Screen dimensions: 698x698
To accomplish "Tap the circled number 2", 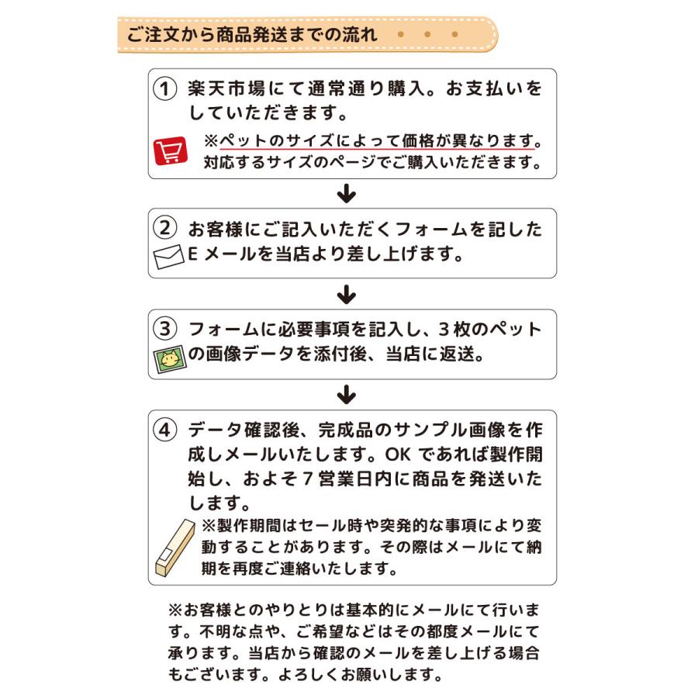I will pyautogui.click(x=164, y=229).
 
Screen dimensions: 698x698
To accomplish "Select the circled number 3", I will pyautogui.click(x=164, y=329).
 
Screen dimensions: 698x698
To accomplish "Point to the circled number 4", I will pyautogui.click(x=164, y=430).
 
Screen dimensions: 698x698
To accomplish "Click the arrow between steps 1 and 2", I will pyautogui.click(x=347, y=193).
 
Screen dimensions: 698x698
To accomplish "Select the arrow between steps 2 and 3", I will pyautogui.click(x=347, y=295).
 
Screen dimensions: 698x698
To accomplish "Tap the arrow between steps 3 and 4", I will pyautogui.click(x=347, y=395).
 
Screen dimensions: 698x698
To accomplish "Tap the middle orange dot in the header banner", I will pyautogui.click(x=427, y=35).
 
